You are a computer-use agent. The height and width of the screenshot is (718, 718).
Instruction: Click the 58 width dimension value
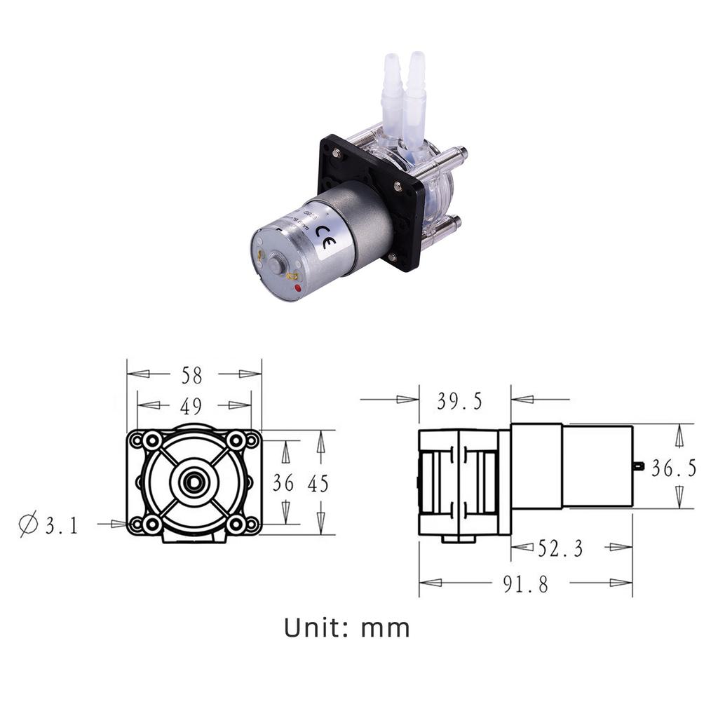[x=191, y=375]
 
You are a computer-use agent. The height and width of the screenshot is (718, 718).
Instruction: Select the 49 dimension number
[x=191, y=406]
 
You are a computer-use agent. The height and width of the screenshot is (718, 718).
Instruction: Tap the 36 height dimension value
[x=283, y=483]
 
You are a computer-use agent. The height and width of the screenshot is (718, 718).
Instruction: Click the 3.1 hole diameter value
[x=62, y=526]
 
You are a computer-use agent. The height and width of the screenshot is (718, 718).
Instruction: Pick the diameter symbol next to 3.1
[x=28, y=524]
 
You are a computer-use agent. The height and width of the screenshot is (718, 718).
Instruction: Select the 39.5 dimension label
[x=459, y=401]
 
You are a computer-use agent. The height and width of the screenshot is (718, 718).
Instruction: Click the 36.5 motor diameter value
[x=674, y=468]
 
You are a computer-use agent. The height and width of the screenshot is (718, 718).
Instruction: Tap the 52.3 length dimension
[x=560, y=548]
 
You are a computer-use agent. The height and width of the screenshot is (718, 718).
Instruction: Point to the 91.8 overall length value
[x=525, y=584]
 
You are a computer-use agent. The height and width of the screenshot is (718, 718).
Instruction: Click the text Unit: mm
[x=347, y=628]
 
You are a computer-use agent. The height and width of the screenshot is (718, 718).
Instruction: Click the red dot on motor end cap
[x=299, y=288]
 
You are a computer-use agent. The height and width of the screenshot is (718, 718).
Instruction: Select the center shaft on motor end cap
[x=276, y=264]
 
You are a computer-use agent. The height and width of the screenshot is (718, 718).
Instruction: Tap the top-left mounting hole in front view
[x=151, y=441]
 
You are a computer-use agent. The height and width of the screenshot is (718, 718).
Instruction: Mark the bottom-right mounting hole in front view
[x=237, y=524]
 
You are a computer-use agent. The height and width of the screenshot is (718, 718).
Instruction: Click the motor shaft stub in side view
[x=637, y=465]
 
